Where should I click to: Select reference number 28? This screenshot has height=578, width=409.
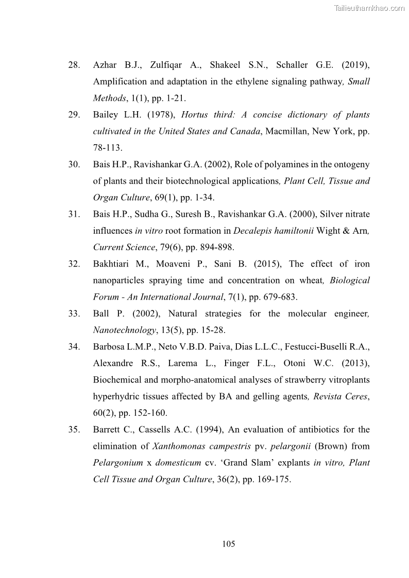(74, 65)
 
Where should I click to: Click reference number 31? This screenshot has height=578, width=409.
(74, 214)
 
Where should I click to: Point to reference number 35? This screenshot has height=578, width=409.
(74, 430)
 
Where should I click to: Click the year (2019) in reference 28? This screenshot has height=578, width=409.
(354, 65)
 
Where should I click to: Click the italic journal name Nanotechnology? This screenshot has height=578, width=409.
(122, 330)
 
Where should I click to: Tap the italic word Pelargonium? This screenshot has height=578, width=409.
(118, 463)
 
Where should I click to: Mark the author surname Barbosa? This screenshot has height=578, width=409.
(110, 347)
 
